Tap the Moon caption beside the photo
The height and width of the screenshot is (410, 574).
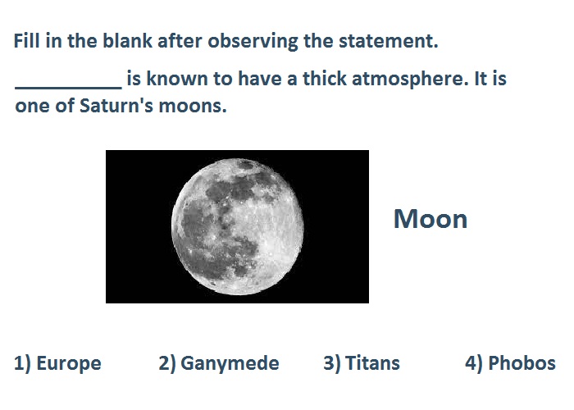pos(430,219)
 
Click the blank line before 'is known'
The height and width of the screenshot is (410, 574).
pos(68,88)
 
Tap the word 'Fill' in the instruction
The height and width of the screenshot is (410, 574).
pos(27,41)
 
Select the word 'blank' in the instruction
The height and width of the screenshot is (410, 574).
pos(127,41)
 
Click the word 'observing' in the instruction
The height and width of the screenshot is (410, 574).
pos(253,41)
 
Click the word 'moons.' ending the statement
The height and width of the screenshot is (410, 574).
pos(193,106)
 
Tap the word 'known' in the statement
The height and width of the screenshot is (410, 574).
pos(177,79)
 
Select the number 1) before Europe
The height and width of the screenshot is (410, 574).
pos(23,363)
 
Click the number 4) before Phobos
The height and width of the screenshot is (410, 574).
pos(474,363)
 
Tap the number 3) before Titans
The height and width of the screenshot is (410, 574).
pos(332,363)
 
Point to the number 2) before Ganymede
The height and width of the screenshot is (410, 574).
pos(167,363)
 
